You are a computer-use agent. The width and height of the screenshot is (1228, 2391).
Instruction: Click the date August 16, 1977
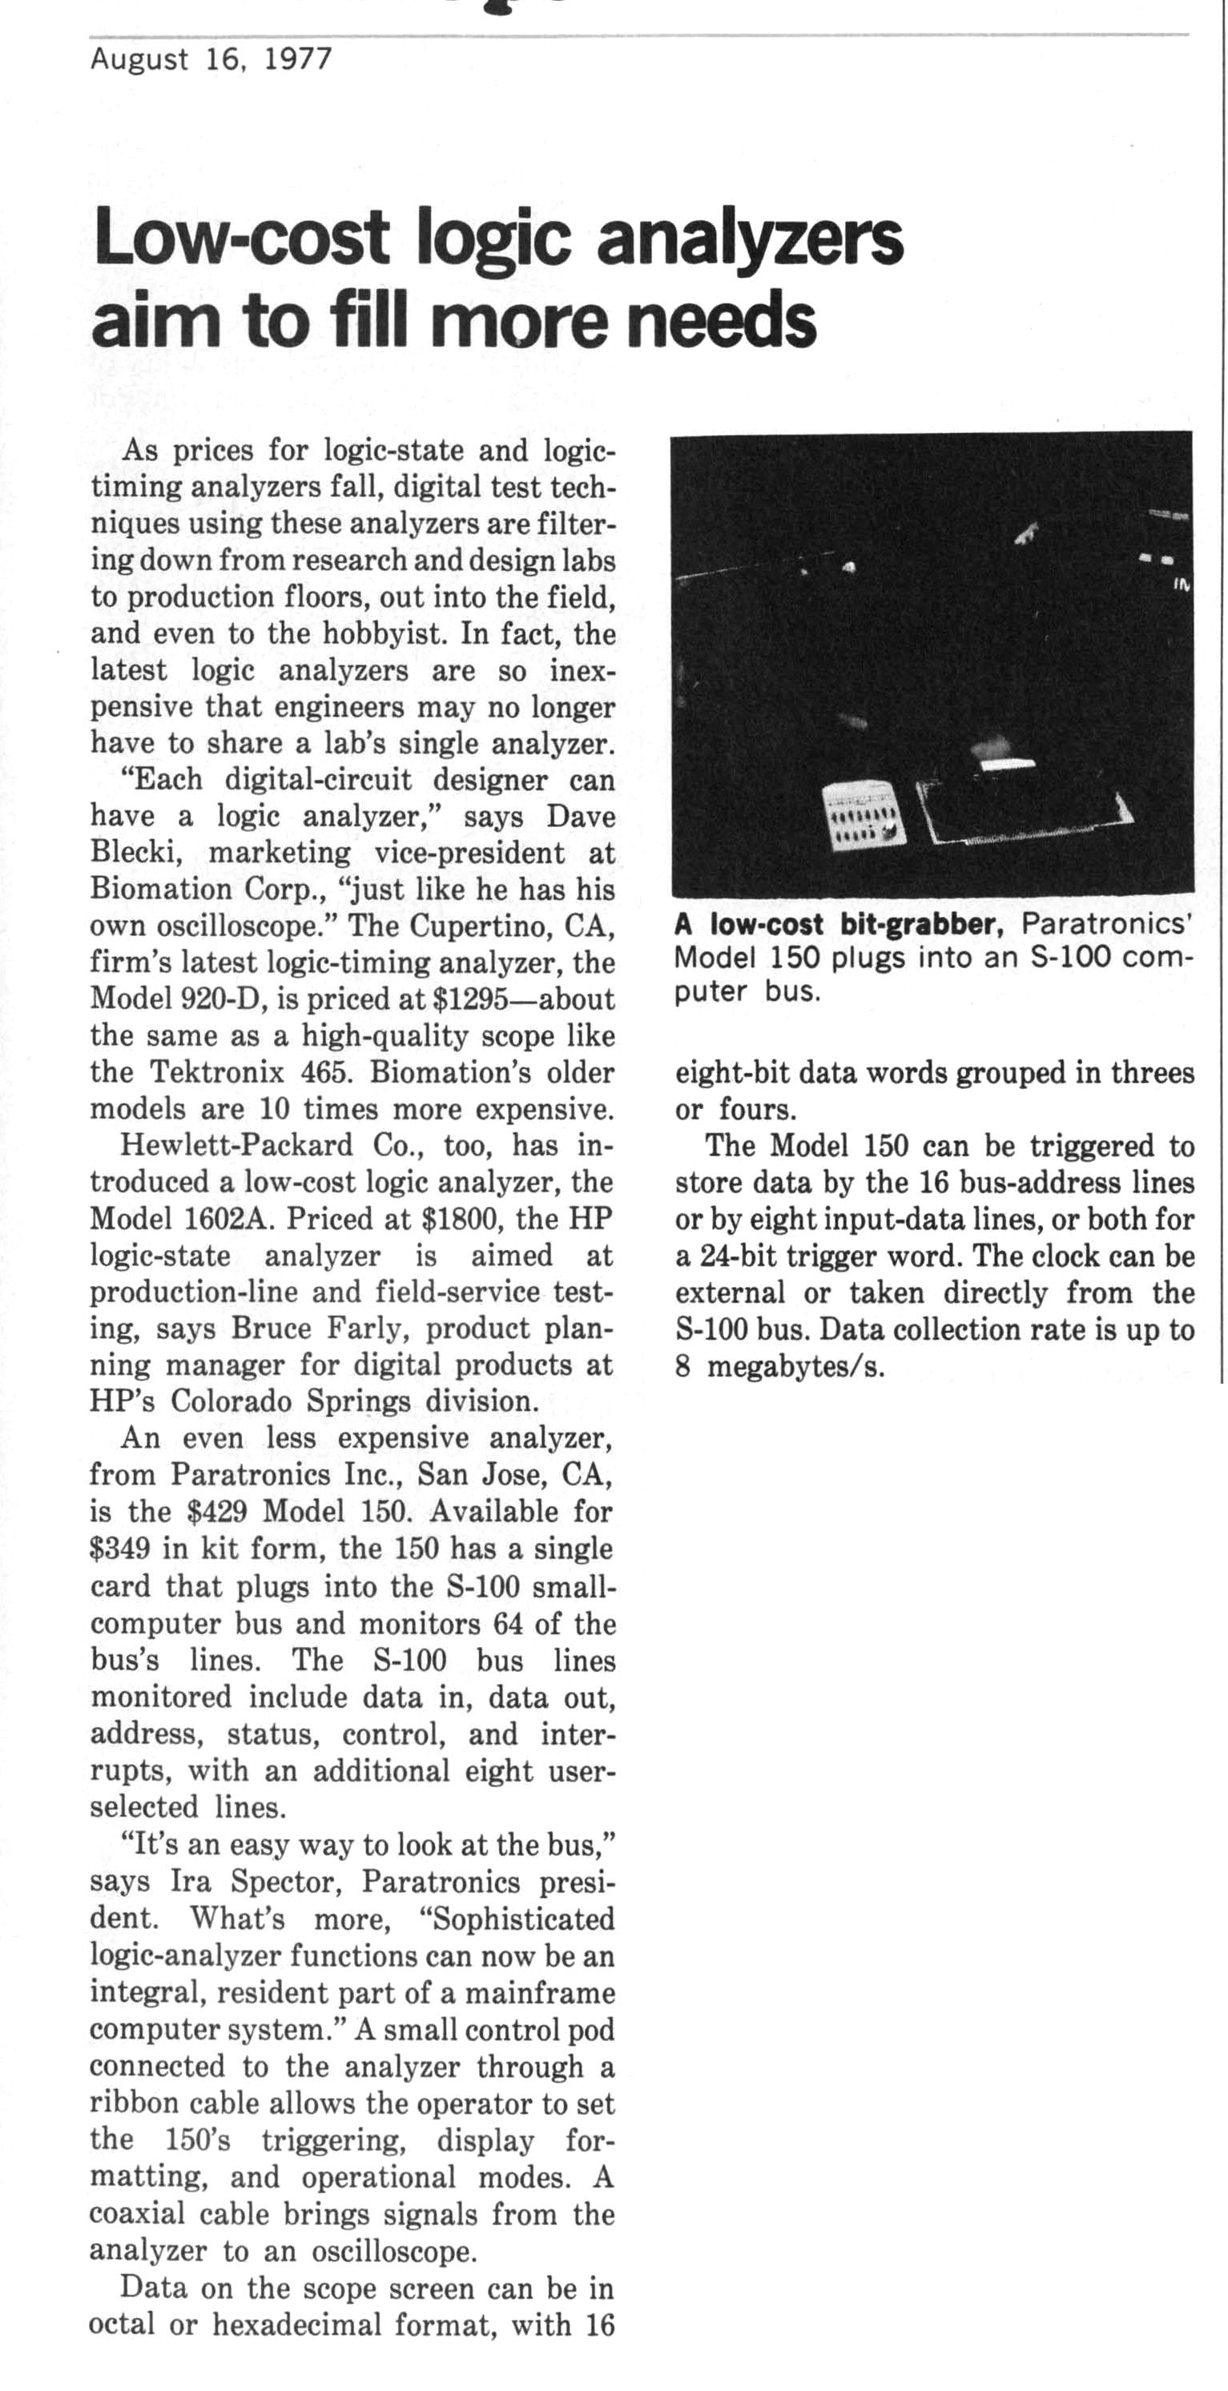click(x=211, y=60)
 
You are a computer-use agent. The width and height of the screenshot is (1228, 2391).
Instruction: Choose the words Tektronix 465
click(x=256, y=1073)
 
